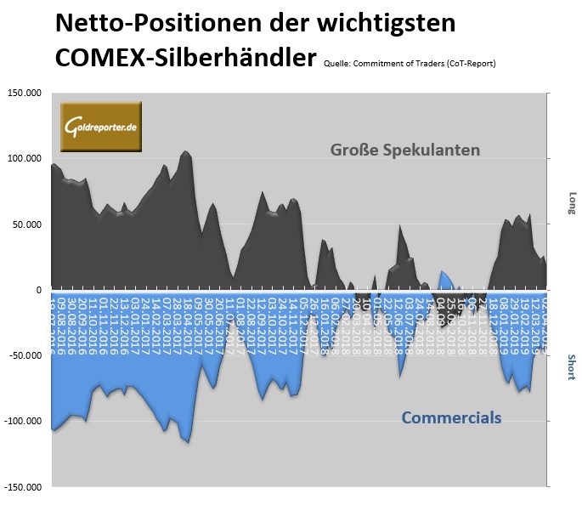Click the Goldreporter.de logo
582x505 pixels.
(100, 127)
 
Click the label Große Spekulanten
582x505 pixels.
(405, 150)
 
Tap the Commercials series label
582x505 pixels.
(451, 417)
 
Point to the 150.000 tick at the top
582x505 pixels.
(25, 94)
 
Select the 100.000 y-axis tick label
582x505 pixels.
(25, 159)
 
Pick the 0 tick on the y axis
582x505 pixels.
(39, 290)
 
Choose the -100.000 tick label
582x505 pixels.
(24, 421)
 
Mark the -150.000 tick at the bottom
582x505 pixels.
(24, 487)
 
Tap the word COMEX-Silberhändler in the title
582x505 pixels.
(186, 58)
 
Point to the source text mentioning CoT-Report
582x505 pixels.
(410, 63)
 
